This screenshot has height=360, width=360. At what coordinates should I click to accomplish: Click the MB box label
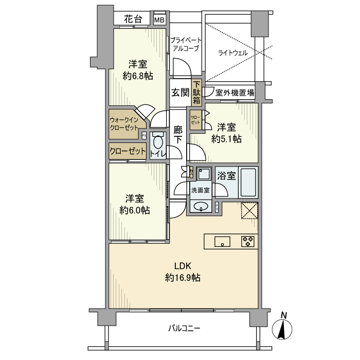160,20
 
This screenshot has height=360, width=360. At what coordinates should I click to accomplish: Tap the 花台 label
133,19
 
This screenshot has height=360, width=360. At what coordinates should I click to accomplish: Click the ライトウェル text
232,53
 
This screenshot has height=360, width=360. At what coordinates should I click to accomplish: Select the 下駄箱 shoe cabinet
197,93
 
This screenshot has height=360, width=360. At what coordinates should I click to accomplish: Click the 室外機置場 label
235,93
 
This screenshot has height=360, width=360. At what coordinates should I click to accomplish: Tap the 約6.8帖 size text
138,76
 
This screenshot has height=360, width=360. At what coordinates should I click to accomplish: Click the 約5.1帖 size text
226,138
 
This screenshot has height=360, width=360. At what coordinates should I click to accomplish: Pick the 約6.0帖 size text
135,210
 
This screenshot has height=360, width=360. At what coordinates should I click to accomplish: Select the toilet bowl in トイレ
158,142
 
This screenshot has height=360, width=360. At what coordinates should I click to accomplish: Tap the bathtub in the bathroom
248,183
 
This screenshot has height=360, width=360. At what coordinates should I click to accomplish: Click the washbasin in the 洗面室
200,207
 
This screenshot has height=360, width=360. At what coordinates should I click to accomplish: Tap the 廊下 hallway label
178,134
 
